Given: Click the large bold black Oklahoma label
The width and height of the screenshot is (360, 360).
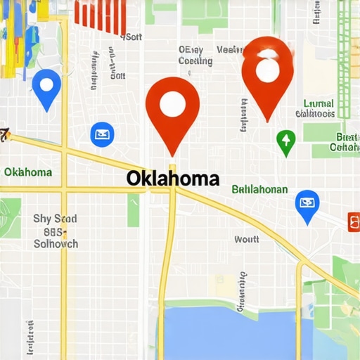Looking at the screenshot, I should point(173,178).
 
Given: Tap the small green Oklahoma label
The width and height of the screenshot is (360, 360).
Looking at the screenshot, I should point(27,172).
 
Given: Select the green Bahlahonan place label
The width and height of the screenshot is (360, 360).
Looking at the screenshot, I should point(259,189).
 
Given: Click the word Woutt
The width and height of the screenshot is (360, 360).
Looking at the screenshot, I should point(246,239).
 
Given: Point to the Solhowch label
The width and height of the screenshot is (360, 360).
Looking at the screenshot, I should point(56,244).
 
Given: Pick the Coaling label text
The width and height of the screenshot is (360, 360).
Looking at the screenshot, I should point(195,61).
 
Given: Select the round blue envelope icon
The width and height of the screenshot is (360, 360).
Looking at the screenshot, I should point(102,133).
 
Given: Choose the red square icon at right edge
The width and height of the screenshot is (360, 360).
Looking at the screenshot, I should point(354,222).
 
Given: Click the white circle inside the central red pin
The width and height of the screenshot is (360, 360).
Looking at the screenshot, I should point(172,103).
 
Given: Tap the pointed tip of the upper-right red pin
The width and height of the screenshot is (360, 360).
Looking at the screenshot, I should point(268,120).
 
